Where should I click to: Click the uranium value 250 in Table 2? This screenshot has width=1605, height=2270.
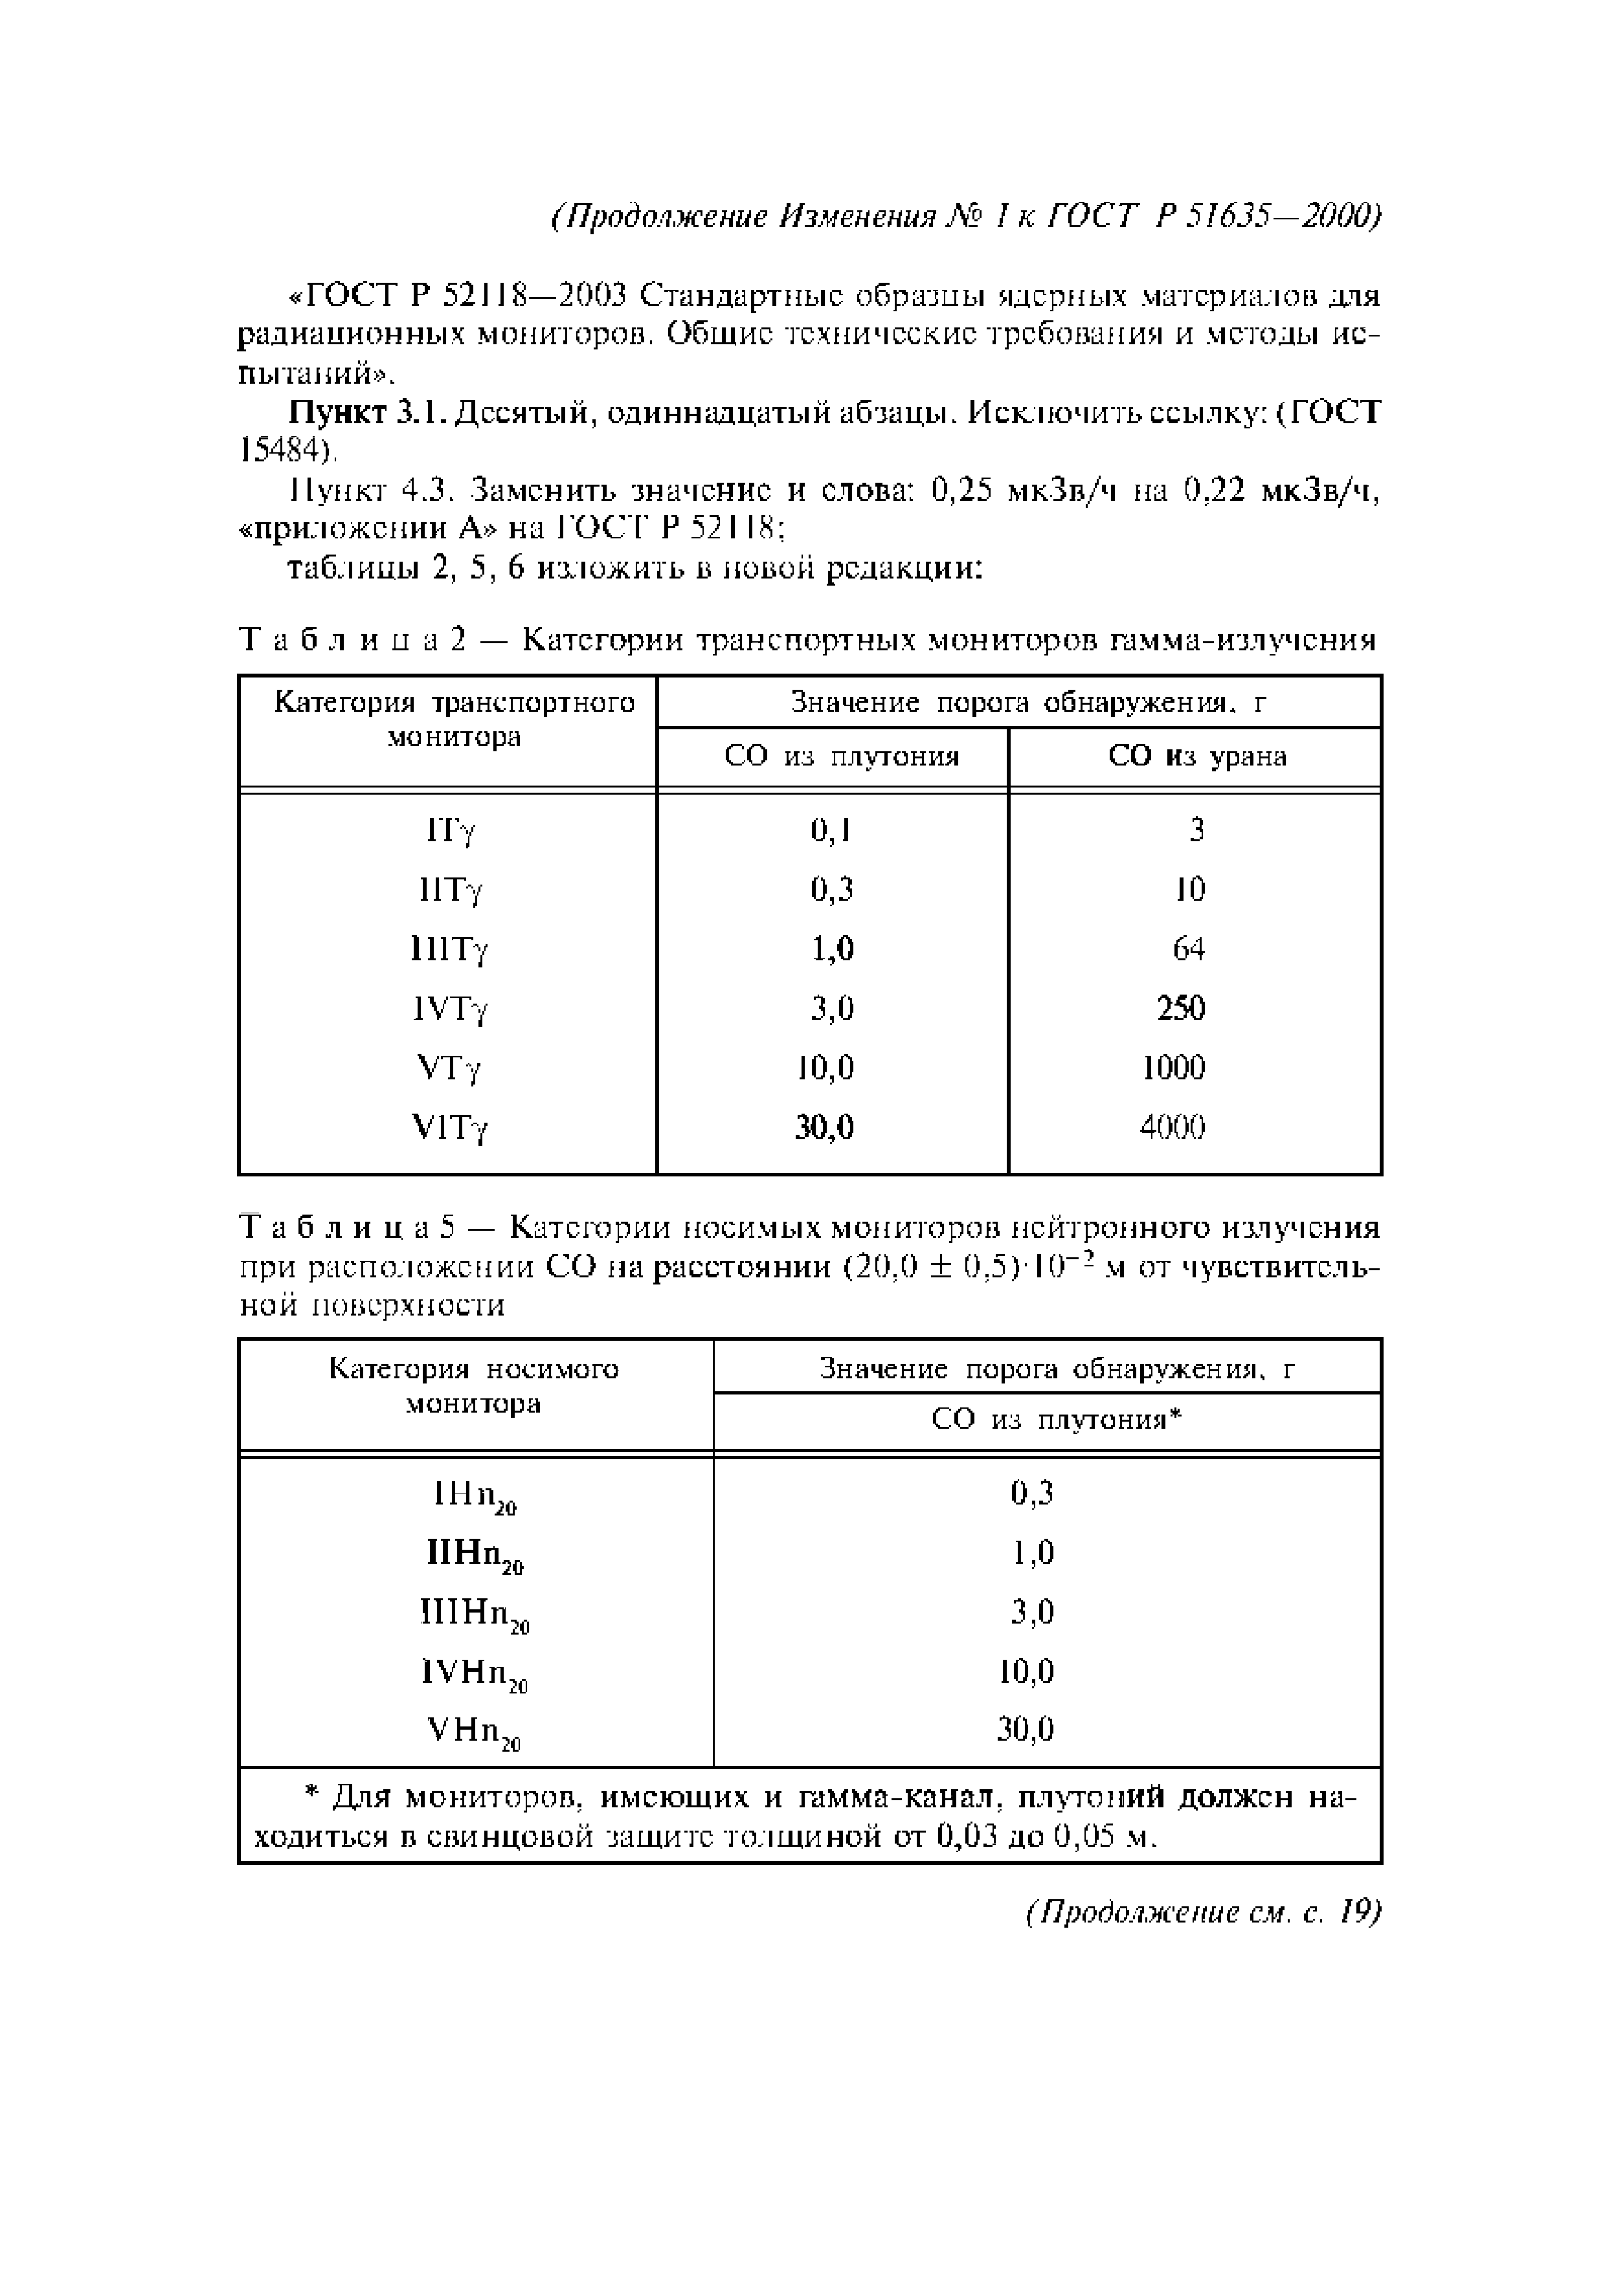coord(1181,1008)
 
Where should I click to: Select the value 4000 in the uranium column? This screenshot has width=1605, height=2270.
coord(1173,1127)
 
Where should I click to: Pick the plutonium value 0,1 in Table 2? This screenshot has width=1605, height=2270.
coord(831,830)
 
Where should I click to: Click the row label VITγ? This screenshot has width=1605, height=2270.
coord(450,1128)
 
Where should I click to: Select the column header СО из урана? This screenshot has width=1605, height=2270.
coord(1196,757)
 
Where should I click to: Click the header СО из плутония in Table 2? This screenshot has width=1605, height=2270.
coord(842,757)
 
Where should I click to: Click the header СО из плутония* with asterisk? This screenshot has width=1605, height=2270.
coord(1056,1421)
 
